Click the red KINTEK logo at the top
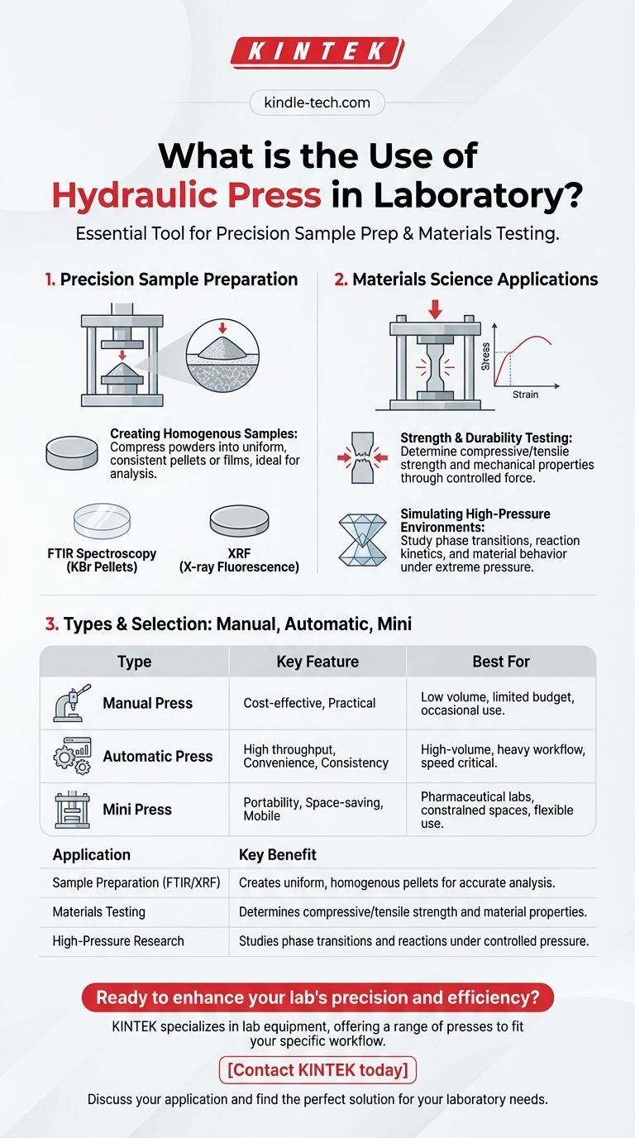317,52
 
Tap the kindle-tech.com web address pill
317,103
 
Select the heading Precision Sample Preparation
179,280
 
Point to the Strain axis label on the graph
525,394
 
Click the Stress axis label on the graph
486,356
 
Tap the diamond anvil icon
362,540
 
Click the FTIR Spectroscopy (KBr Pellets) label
102,560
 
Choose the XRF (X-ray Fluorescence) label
239,560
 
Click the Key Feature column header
317,662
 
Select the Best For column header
501,662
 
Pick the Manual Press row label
148,703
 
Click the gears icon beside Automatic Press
73,756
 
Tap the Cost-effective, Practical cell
309,703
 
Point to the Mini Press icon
72,810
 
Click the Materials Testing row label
99,912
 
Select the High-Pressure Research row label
118,941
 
